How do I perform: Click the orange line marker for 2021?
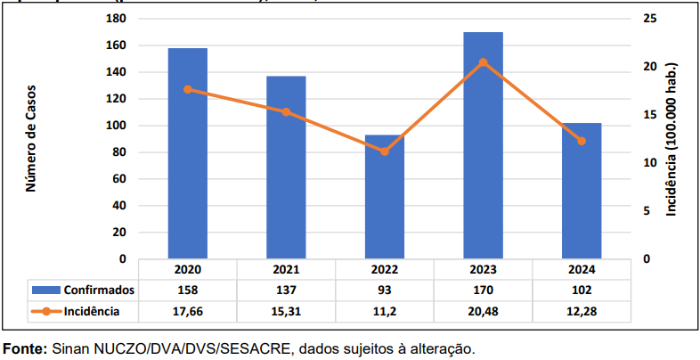coord(286,112)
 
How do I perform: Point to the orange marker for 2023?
coord(483,62)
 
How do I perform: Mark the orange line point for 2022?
coord(384,151)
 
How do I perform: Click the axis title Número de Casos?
coord(30,138)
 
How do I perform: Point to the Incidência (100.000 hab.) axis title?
coord(672,138)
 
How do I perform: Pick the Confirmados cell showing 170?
coord(483,290)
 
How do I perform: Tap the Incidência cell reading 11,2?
coord(384,311)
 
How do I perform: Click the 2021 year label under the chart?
coord(286,269)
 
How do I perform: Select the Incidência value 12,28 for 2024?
coord(582,311)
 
